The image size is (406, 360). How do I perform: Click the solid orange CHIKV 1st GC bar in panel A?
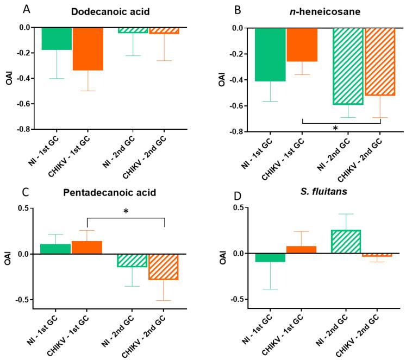click(88, 49)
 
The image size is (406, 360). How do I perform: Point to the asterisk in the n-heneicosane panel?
click(335, 129)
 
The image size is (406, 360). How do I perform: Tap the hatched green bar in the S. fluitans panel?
click(346, 242)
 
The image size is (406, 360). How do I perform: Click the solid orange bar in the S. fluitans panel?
click(315, 250)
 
